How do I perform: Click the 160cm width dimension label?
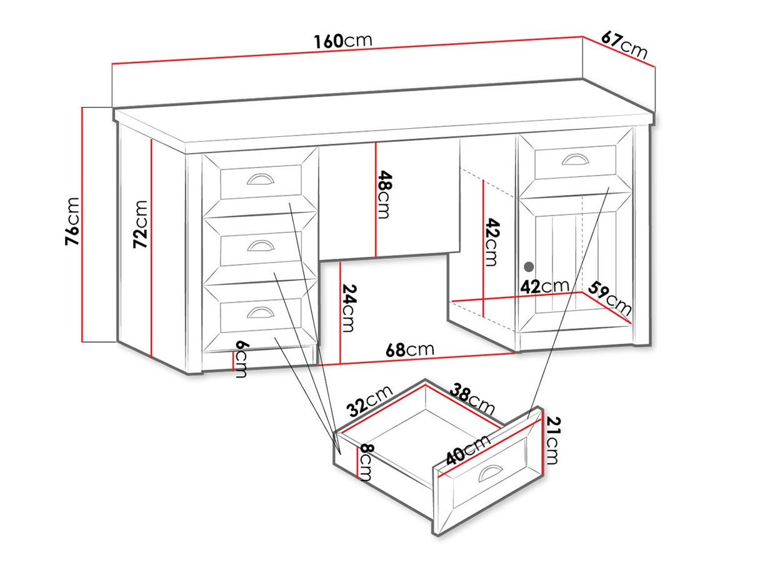pos(342,41)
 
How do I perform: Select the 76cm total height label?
pos(72,221)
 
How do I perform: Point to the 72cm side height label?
pos(141,224)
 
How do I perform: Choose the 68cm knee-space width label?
pos(410,350)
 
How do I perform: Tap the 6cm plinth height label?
pos(241,359)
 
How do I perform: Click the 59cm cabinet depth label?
pos(610,298)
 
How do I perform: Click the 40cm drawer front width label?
pos(467,449)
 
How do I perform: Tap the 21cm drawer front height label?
pos(552,440)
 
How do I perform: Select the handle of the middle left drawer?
pos(261,246)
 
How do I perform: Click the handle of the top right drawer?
pos(575,159)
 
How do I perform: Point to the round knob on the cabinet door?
pos(529,266)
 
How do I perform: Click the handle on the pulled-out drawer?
pos(490,472)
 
